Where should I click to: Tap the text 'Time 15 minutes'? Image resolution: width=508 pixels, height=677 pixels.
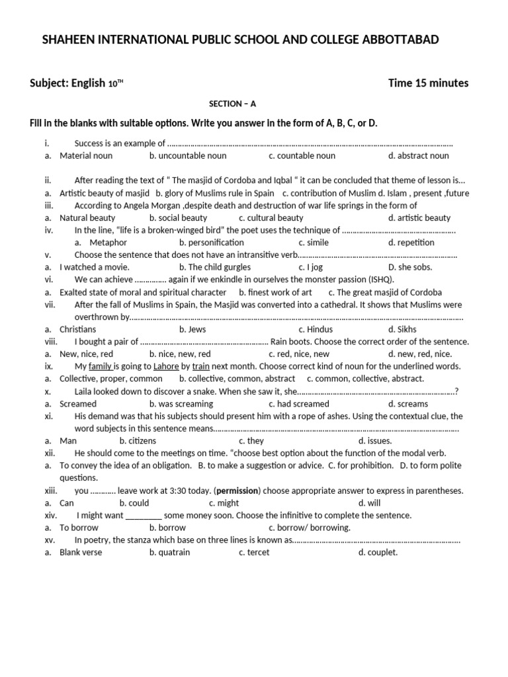[428, 83]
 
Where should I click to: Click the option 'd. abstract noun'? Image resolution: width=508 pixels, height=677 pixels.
[419, 156]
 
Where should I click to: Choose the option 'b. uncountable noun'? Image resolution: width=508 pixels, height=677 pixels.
[188, 156]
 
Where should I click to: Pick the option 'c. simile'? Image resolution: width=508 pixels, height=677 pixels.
[315, 243]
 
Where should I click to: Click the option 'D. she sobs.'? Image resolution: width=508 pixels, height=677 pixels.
[410, 267]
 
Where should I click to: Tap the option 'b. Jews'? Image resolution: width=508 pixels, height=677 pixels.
[192, 329]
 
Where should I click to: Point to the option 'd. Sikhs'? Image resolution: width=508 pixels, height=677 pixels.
[403, 329]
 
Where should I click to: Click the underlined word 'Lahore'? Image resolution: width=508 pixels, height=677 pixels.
[166, 366]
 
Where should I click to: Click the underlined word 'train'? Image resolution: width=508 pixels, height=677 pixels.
[201, 366]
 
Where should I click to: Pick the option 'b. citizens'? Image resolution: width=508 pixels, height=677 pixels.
[138, 441]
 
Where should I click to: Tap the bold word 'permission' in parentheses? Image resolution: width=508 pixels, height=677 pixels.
[236, 491]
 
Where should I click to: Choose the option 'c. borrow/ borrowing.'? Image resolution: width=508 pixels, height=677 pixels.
[310, 528]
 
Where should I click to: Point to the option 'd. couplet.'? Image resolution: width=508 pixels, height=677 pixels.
[378, 553]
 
